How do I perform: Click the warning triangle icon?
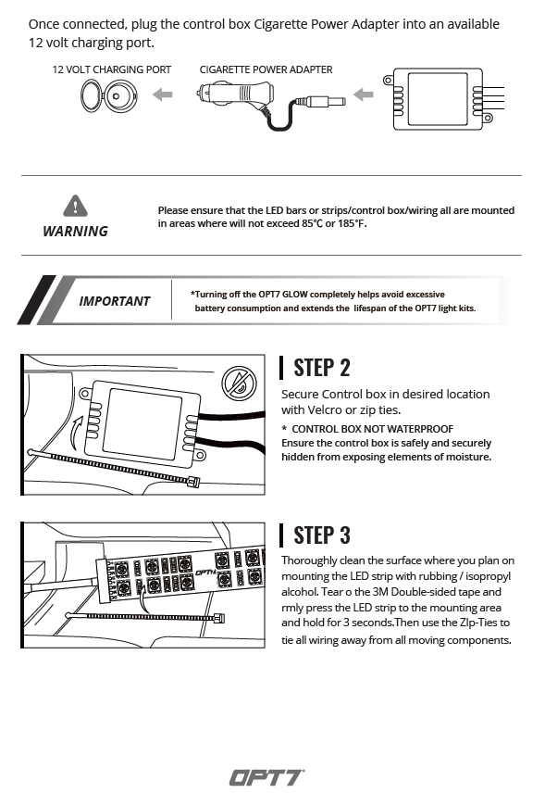[75, 206]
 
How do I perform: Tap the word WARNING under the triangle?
[75, 231]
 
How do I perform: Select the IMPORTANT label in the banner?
[115, 301]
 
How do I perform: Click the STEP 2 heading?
[322, 368]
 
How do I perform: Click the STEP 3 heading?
[322, 535]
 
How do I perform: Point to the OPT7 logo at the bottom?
[267, 778]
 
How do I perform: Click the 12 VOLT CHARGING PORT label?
[112, 69]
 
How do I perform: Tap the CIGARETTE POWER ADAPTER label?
[266, 69]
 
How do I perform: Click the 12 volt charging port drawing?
[109, 96]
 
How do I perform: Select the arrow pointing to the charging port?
[163, 94]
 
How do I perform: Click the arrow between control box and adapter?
[364, 94]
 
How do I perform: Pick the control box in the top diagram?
[438, 99]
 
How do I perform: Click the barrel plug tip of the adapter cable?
[339, 101]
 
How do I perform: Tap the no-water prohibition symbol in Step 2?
[239, 384]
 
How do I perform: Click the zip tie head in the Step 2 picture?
[194, 482]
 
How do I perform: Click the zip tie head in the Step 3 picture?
[219, 618]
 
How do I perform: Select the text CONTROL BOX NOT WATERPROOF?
[373, 429]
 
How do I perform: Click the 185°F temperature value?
[351, 223]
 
